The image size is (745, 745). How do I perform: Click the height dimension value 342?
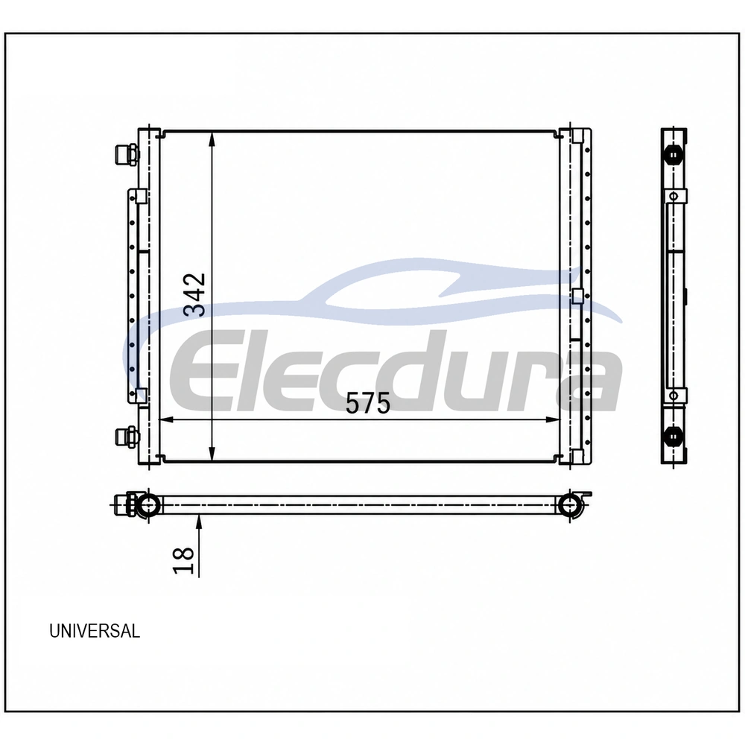point(194,294)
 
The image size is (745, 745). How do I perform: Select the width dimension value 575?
point(368,403)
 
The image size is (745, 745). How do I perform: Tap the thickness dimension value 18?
point(183,559)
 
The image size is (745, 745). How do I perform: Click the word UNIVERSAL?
point(95,632)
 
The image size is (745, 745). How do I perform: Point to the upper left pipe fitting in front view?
point(127,155)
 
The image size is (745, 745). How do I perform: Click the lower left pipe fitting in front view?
point(127,437)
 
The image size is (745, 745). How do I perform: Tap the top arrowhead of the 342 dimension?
point(212,139)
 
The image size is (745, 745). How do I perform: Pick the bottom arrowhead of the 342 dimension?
point(212,453)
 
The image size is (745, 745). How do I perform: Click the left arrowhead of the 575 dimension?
point(165,419)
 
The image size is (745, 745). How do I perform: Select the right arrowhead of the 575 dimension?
point(553,419)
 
